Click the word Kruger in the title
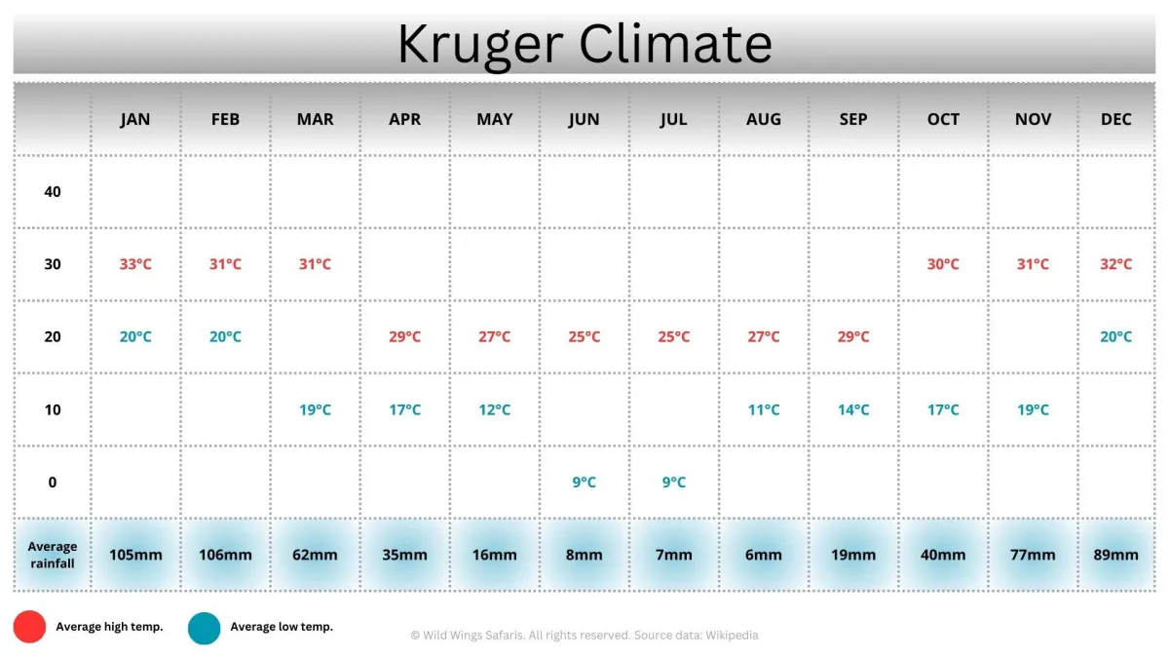tap(480, 46)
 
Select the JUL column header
tap(674, 120)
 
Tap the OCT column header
tap(943, 120)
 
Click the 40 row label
tap(53, 192)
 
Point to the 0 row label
tap(53, 482)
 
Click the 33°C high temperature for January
tap(135, 264)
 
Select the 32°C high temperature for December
tap(1115, 264)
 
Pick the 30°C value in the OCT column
tap(943, 264)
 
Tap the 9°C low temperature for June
tap(584, 482)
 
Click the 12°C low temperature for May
tap(494, 410)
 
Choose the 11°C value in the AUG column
tap(764, 410)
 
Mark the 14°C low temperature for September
tap(853, 410)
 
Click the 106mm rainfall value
tap(225, 555)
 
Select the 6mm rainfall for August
tap(764, 555)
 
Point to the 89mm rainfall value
tap(1115, 555)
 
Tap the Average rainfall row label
tap(53, 555)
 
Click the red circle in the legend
tap(29, 627)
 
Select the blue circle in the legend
tap(204, 628)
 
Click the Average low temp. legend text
tap(282, 627)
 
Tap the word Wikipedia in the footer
tap(732, 636)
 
